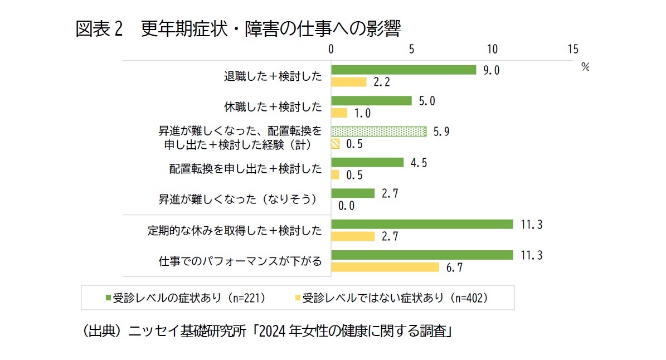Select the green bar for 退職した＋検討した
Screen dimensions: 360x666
tap(404, 70)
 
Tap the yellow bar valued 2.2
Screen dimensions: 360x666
tap(349, 82)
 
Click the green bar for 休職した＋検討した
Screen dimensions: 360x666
tap(371, 101)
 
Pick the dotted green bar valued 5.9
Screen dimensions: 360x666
tap(379, 132)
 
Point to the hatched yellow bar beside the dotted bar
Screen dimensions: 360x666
tap(336, 144)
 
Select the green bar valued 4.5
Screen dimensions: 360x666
tap(367, 162)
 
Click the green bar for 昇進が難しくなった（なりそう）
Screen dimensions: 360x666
tap(353, 193)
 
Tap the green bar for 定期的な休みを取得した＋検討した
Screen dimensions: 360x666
tap(422, 224)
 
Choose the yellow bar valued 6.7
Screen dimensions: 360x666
tap(385, 267)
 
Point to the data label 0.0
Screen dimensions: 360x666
tap(346, 206)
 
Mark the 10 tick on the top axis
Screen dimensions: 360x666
tap(492, 49)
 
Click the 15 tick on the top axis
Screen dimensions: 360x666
tap(572, 49)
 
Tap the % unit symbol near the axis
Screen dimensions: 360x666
tap(585, 66)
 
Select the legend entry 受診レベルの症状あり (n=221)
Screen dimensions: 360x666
tap(184, 298)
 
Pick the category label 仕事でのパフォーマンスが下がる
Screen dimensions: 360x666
tap(240, 261)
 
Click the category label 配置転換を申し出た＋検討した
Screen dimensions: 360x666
tap(245, 168)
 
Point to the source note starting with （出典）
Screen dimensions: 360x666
tap(266, 332)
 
